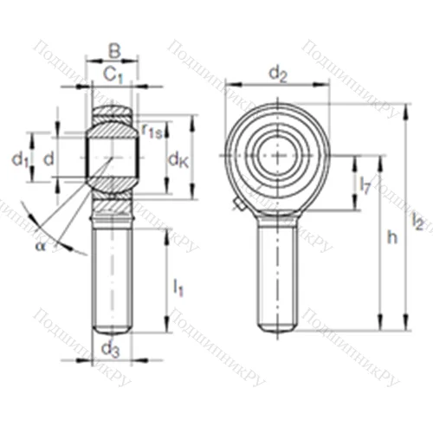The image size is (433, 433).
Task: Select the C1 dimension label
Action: click(x=112, y=74)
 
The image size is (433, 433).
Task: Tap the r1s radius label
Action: click(x=153, y=132)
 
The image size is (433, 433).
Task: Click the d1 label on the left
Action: click(x=20, y=159)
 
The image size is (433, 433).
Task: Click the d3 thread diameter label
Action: click(x=111, y=349)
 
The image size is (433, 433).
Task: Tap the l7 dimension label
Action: click(x=365, y=183)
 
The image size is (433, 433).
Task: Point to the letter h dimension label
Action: click(x=391, y=238)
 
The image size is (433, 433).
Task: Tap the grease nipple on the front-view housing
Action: click(x=238, y=204)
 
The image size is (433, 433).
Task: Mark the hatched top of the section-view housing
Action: click(x=112, y=113)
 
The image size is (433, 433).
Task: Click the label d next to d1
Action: click(x=49, y=159)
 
